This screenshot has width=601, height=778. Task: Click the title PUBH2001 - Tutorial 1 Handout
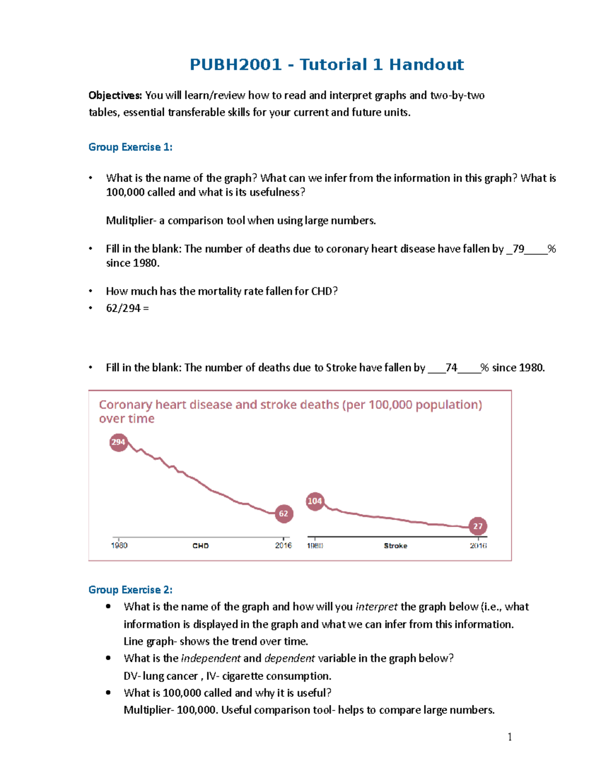point(327,65)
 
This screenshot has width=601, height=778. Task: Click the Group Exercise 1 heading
point(130,147)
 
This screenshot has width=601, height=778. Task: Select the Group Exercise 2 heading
point(130,590)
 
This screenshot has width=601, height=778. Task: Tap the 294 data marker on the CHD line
point(119,442)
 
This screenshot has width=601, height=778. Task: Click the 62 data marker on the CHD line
point(284,513)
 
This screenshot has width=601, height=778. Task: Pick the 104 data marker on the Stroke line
point(315,501)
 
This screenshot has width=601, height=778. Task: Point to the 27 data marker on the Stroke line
point(478,526)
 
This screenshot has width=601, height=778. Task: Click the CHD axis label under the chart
point(200,546)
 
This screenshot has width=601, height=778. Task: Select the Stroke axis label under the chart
point(396,546)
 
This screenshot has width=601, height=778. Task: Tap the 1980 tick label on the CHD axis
point(119,545)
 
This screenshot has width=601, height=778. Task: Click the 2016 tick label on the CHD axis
point(283,545)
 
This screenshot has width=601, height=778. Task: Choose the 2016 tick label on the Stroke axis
point(478,545)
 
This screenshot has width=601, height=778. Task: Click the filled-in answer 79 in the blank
point(518,249)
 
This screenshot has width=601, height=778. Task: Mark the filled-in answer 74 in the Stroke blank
point(451,368)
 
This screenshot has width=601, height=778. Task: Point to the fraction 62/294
point(123,308)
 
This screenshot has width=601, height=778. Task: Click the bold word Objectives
point(115,96)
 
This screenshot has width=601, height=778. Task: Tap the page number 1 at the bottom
point(510,737)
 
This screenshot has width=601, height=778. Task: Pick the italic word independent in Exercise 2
point(211,658)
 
